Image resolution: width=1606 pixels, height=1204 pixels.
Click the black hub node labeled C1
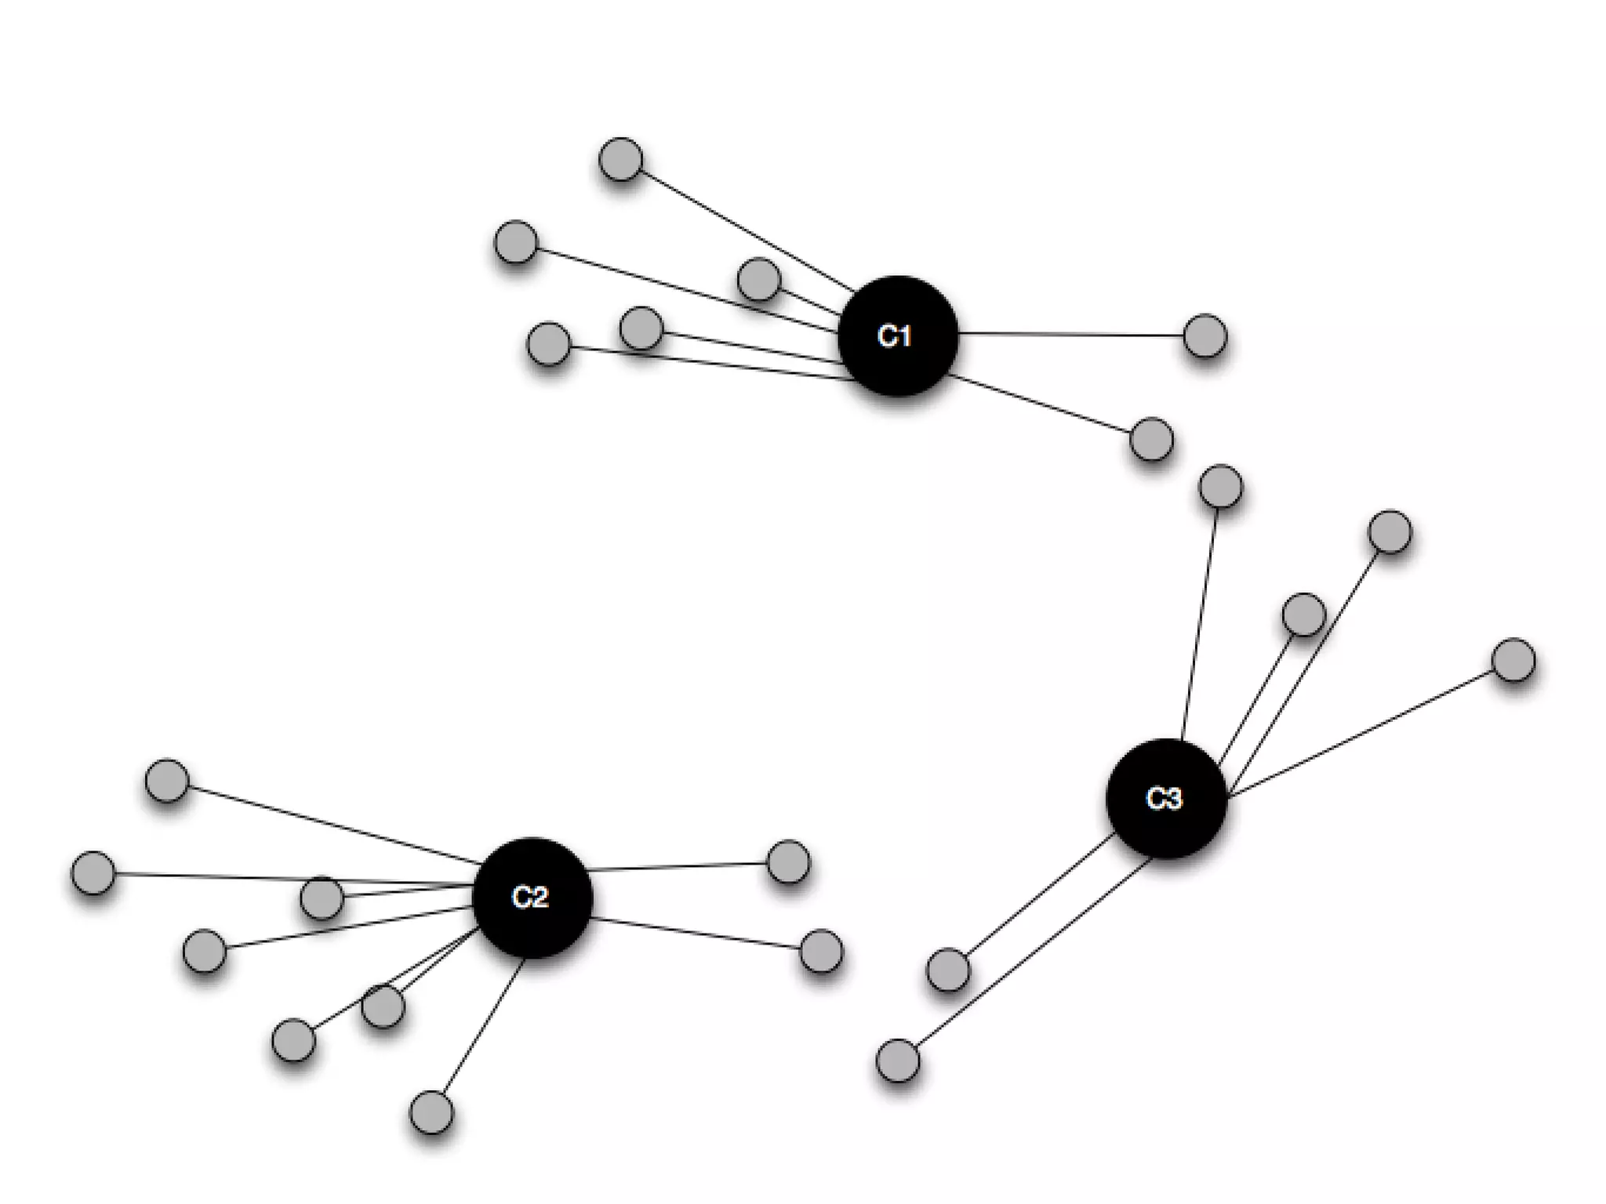(x=897, y=335)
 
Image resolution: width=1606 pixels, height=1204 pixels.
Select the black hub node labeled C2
(x=532, y=898)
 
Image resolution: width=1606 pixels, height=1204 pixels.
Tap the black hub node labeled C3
(x=1166, y=799)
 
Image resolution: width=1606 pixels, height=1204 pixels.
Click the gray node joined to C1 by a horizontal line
(x=1204, y=335)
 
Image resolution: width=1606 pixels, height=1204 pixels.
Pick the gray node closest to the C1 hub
(x=758, y=278)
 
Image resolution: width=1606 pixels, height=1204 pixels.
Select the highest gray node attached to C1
(x=620, y=159)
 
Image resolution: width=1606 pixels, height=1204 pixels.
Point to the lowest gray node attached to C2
(x=431, y=1112)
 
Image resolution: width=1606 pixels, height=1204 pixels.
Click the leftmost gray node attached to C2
(x=93, y=872)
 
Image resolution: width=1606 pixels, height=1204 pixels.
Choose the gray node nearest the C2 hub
(x=383, y=1005)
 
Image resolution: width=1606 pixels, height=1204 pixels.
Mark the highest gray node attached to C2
(x=167, y=781)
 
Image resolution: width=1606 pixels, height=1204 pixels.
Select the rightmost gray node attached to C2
(x=821, y=951)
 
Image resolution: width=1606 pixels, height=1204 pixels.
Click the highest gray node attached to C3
(x=1220, y=487)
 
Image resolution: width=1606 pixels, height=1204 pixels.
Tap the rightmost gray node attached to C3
(x=1513, y=660)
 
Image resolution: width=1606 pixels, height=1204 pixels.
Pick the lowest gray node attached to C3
(x=897, y=1061)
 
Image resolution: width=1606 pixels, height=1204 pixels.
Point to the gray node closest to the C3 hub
(x=1303, y=614)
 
